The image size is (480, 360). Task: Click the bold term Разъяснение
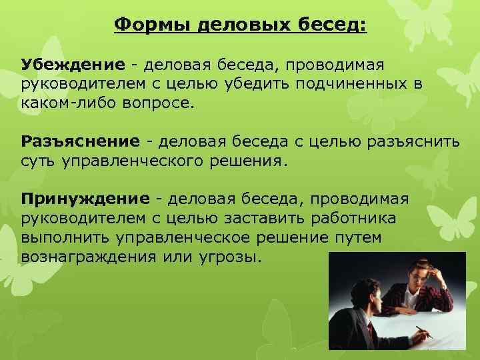click(80, 141)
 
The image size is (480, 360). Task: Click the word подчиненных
click(361, 85)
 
